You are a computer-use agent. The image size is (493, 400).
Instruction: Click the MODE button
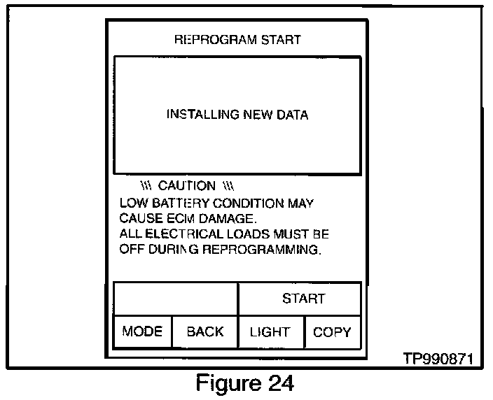coord(142,331)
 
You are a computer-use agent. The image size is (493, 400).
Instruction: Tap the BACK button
coord(205,331)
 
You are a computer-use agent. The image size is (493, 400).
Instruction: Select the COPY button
coord(333,332)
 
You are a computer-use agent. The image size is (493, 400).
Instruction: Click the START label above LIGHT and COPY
coord(303,299)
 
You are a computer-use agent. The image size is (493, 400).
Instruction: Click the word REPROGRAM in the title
coord(216,40)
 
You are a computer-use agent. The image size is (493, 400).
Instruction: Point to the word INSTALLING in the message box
coord(203,115)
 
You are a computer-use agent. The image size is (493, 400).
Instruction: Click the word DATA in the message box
coord(293,115)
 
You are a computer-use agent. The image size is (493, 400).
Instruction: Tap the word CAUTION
coord(187,185)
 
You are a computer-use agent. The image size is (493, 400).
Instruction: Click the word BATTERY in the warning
coord(181,203)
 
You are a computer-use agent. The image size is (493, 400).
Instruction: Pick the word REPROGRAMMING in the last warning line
coord(262,250)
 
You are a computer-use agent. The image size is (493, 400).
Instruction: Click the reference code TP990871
coord(438,359)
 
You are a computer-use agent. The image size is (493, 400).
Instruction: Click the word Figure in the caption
coord(228,383)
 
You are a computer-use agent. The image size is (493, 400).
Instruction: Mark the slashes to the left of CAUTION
coord(146,186)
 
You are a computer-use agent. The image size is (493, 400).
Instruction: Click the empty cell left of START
coord(176,299)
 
